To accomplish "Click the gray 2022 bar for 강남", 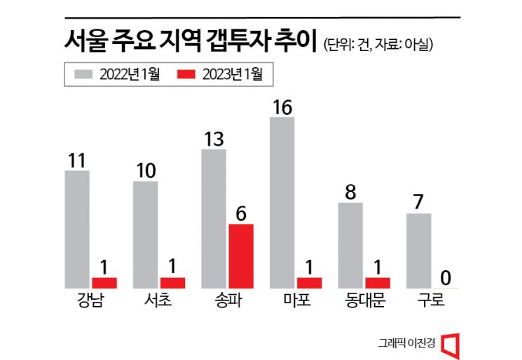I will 76,228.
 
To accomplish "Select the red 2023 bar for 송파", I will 240,256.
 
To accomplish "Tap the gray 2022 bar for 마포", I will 282,202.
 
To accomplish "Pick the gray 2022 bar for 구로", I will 418,250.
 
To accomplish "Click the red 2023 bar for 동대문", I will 378,282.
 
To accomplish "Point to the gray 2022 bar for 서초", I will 145,234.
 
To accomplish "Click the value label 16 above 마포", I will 282,107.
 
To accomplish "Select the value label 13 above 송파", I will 213,139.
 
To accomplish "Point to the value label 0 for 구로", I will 446,278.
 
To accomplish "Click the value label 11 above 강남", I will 77,160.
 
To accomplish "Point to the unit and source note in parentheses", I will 379,44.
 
